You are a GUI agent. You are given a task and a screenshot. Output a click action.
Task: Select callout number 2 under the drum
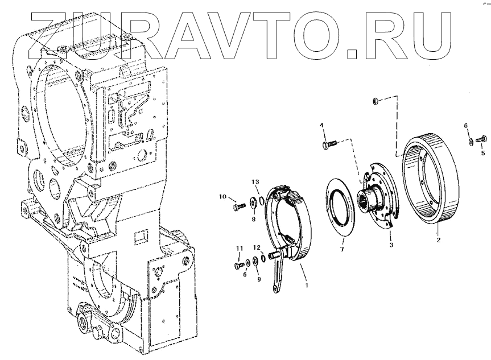(x=439, y=241)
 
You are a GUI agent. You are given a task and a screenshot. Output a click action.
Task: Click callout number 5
(x=483, y=152)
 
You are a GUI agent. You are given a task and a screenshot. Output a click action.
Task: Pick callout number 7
(x=342, y=249)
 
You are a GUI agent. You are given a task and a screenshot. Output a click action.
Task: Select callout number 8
(x=254, y=218)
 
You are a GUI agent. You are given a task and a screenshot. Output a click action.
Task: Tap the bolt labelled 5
(x=484, y=138)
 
